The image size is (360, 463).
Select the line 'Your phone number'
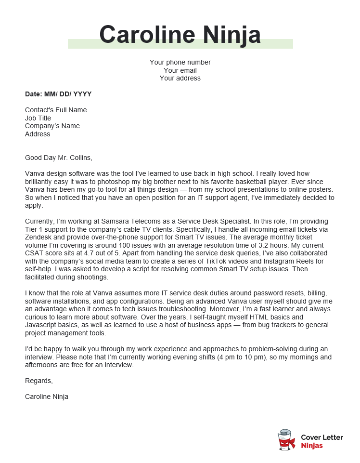[180, 62]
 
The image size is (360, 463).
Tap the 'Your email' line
[180, 70]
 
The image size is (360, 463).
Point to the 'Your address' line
[180, 78]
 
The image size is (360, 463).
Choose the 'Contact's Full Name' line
[56, 110]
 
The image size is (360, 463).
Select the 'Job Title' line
[38, 118]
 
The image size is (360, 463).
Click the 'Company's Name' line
[52, 126]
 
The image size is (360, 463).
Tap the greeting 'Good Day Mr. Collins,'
[58, 158]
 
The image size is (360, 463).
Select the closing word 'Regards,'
[39, 381]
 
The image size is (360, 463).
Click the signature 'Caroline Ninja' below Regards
[47, 397]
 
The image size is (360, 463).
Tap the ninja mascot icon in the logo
[286, 440]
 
